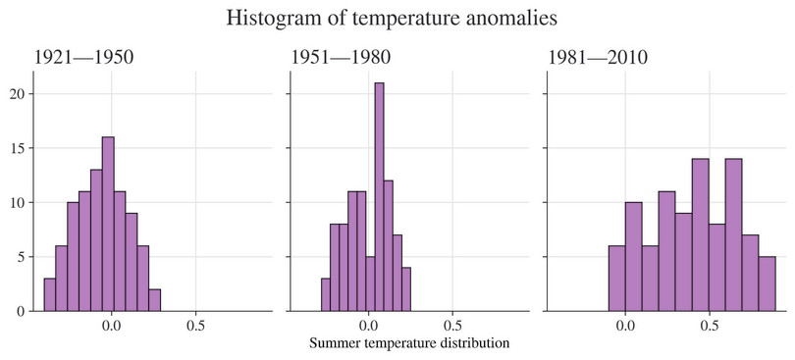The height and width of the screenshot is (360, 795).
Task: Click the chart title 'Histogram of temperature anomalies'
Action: (397, 19)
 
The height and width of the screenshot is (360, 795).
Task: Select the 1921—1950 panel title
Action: (84, 58)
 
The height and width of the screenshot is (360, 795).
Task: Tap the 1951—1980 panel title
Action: (341, 58)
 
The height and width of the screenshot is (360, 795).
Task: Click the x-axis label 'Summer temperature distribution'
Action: (409, 343)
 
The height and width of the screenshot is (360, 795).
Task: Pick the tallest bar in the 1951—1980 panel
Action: (379, 196)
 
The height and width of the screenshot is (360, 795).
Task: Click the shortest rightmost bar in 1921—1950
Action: (154, 300)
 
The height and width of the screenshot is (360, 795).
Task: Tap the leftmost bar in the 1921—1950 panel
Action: (49, 294)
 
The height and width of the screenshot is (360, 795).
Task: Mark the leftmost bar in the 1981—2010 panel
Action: (616, 279)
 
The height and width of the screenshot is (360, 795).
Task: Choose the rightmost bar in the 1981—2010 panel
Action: (768, 283)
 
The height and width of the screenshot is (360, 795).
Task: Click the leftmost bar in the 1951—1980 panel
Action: (326, 294)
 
